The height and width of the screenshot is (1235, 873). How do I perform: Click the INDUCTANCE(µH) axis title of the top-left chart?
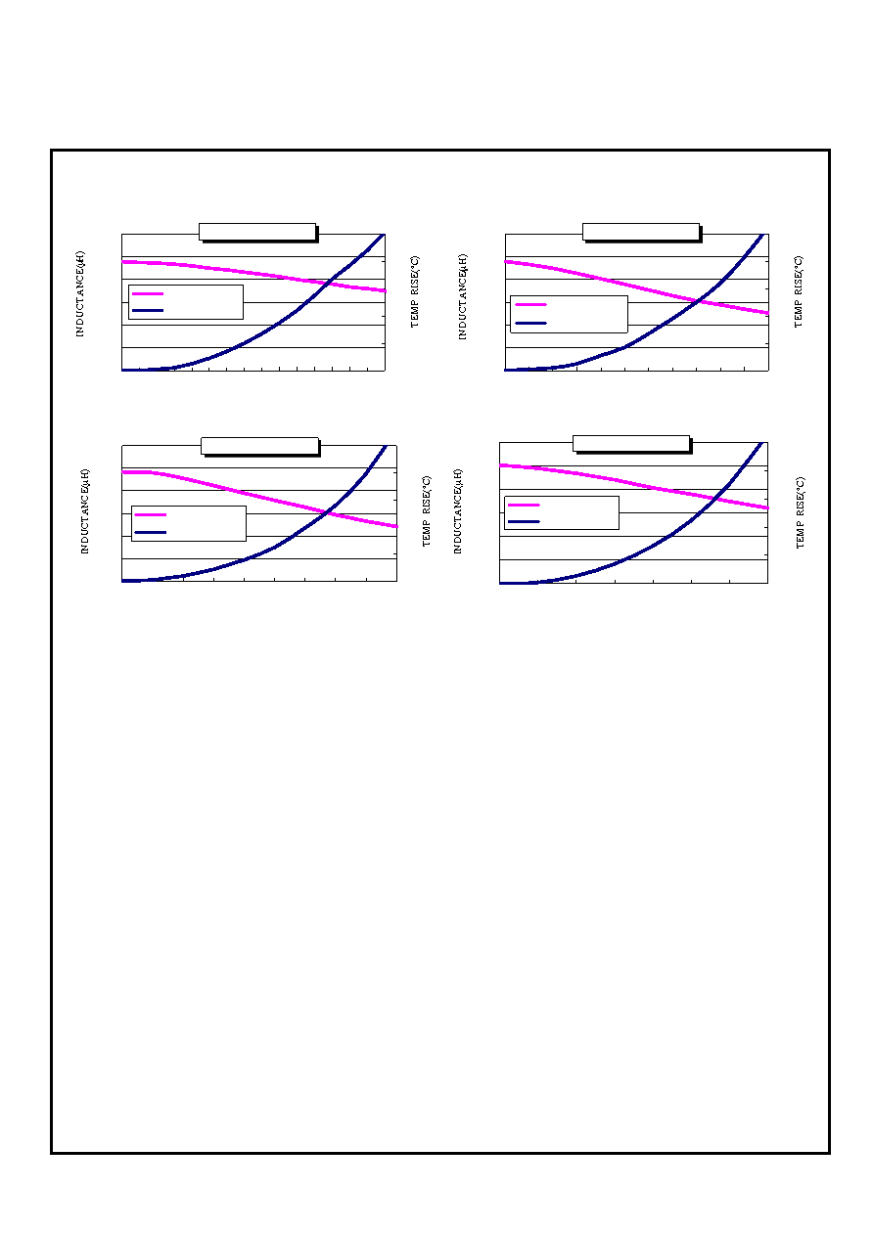pos(80,294)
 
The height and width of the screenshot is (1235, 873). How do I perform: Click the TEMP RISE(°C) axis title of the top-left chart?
pos(414,291)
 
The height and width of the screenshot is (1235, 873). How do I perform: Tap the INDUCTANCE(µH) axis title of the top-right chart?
pos(463,296)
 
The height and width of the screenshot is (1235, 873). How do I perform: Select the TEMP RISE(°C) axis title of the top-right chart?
pos(798,291)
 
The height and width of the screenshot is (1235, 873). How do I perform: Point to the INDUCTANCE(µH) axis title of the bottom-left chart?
pos(84,511)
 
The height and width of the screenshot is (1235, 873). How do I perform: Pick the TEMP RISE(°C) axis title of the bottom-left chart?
pos(427,511)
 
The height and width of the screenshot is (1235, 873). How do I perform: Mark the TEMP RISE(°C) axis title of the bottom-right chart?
pos(800,512)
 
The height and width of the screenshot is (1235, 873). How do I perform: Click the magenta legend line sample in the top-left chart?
pos(148,294)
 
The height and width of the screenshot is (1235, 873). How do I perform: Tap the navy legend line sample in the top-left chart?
pos(148,310)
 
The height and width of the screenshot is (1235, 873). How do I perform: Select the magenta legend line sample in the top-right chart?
pos(530,304)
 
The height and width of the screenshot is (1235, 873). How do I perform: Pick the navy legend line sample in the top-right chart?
pos(530,323)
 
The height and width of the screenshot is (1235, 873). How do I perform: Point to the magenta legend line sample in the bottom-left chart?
pos(151,515)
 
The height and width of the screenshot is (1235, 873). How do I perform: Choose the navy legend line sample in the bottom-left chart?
pos(151,533)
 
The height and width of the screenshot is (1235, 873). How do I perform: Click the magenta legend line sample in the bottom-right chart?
pos(524,505)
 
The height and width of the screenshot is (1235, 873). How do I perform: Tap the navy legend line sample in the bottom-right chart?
pos(524,521)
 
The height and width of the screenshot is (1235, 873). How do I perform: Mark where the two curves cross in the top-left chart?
pos(328,283)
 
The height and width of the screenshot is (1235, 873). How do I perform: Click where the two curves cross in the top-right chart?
pos(699,301)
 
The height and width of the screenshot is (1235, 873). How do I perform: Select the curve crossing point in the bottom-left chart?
pos(327,513)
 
